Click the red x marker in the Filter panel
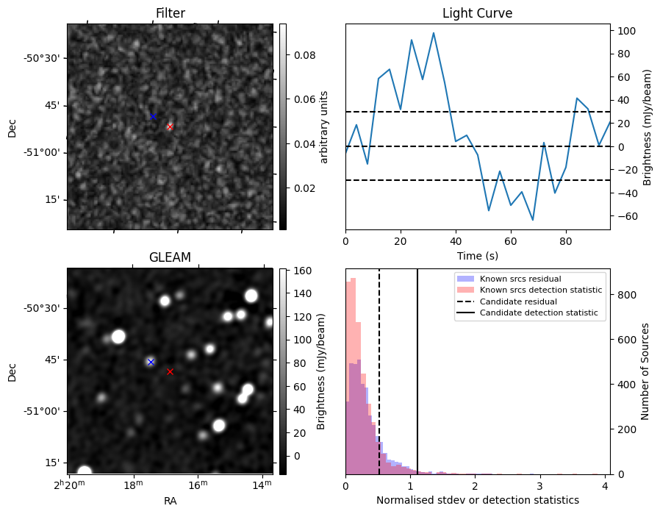170,126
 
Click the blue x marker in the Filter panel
153,117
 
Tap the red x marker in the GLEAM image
170,372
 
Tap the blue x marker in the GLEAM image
151,362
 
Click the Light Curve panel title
477,13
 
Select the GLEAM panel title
170,257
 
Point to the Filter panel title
170,13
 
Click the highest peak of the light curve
434,33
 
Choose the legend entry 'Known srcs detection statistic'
540,290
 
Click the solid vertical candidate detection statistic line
417,368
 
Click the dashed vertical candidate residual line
379,368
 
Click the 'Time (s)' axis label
477,254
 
